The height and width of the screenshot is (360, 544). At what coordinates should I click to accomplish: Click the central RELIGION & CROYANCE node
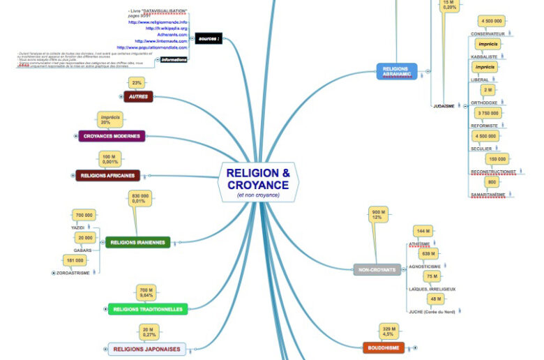(x=257, y=181)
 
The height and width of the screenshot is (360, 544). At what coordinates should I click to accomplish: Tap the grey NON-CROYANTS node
(x=377, y=269)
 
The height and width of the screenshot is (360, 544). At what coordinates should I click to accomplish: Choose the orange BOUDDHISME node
(x=383, y=347)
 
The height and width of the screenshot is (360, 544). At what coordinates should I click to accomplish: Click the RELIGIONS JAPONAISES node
(x=146, y=349)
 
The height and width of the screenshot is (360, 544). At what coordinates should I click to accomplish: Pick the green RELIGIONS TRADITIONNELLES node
(x=147, y=309)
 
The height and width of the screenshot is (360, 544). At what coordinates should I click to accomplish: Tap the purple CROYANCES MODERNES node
(x=112, y=136)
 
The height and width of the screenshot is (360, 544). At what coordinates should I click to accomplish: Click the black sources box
(x=209, y=38)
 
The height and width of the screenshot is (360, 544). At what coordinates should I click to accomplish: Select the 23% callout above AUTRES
(x=137, y=82)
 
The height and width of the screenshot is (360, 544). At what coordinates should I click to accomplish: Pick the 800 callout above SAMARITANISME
(x=492, y=181)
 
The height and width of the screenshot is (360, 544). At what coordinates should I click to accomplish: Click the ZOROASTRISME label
(x=72, y=273)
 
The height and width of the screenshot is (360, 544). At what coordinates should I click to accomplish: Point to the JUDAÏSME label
(x=444, y=106)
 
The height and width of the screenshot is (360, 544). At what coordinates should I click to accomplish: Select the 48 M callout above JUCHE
(x=435, y=299)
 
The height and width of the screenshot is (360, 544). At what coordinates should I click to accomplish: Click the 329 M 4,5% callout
(x=389, y=331)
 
